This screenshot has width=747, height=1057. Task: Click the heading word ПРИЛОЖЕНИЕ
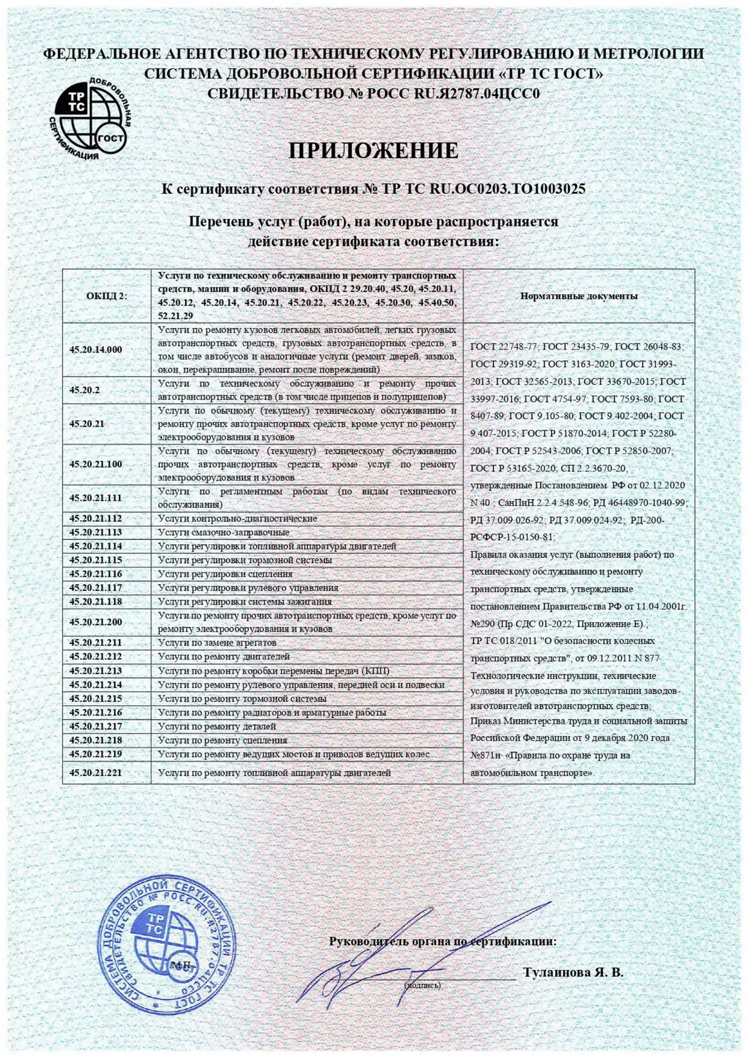373,150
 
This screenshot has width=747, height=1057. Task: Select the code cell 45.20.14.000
96,350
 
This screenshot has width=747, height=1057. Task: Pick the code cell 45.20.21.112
96,519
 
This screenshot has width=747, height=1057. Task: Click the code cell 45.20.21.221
96,773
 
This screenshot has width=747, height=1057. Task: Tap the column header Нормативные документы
579,296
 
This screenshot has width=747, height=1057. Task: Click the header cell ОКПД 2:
106,296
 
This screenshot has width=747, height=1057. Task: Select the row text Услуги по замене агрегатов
217,642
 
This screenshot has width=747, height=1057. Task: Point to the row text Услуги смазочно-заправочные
224,532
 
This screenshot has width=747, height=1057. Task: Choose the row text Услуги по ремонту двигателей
224,656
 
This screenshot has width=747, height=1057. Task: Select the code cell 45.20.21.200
96,622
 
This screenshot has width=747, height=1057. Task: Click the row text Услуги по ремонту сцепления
223,740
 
